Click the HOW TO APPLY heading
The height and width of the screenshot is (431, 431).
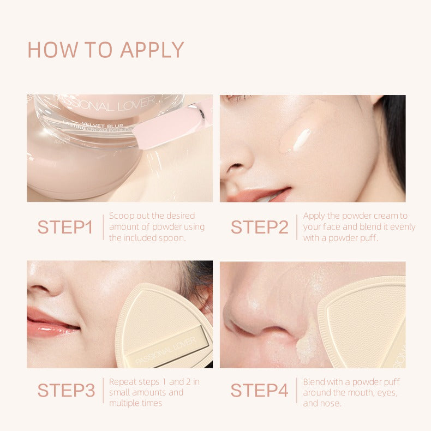click(x=105, y=50)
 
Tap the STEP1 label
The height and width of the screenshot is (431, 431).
click(x=65, y=227)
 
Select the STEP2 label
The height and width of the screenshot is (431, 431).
click(x=259, y=227)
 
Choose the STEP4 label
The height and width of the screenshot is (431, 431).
click(x=259, y=390)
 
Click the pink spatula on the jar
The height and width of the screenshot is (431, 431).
click(x=169, y=127)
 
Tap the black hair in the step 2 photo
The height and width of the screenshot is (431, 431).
click(x=394, y=136)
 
